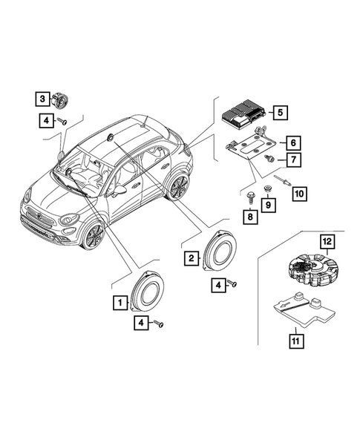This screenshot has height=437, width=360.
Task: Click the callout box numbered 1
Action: (x=118, y=302)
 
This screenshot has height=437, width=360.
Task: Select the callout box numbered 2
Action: (x=192, y=257)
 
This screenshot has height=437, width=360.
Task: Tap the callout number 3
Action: (x=44, y=98)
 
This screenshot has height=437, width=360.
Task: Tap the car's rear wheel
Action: (x=178, y=187)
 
